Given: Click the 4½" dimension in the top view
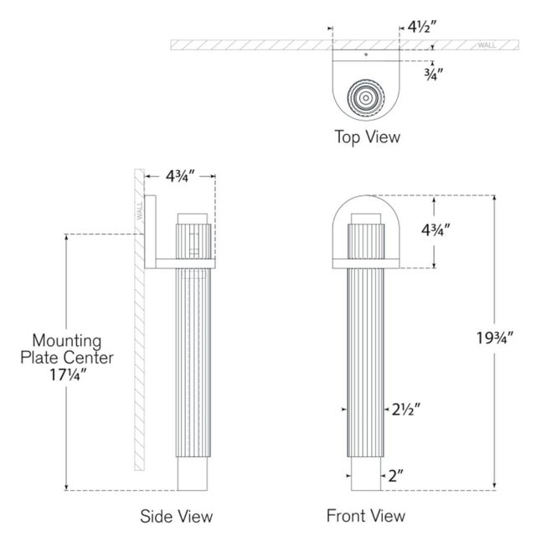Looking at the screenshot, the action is (x=422, y=27).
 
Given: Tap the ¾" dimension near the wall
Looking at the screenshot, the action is (x=434, y=75).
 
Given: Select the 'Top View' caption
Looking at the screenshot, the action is (x=367, y=137).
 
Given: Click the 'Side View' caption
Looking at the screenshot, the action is (x=177, y=516).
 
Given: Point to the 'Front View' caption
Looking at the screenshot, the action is (x=366, y=516).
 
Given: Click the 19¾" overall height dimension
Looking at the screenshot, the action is (x=495, y=338).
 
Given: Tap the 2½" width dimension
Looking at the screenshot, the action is (x=405, y=410).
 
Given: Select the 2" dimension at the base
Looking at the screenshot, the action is (x=395, y=476).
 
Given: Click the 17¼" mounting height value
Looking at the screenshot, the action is (x=68, y=375).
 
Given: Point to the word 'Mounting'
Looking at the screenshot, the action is (x=67, y=341).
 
